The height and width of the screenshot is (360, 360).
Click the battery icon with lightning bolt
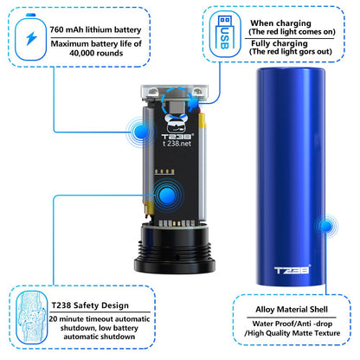coord(30,37)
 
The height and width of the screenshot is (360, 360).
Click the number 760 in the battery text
coord(56,29)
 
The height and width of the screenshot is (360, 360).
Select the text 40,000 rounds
coord(96,53)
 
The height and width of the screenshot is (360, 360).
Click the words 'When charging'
coord(280,23)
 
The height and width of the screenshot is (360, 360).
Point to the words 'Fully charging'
coord(280,43)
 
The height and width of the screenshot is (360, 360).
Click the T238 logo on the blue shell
coord(292,270)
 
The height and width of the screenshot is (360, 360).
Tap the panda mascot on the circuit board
coord(177,123)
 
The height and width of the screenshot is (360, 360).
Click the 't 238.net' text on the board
coord(177,144)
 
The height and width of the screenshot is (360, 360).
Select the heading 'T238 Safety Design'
coord(90,305)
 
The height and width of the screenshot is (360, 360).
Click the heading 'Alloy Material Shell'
coord(292,310)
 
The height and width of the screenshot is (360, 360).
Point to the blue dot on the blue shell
coord(326,226)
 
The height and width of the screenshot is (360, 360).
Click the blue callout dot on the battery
coord(141,132)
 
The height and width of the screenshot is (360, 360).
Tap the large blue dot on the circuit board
coord(167,195)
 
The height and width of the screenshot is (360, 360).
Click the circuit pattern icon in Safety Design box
coord(31,317)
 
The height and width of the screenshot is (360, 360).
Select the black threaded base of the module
coord(175,248)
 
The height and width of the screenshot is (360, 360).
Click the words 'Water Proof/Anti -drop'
coord(292,324)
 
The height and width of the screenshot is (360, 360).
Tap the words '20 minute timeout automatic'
coord(100,319)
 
